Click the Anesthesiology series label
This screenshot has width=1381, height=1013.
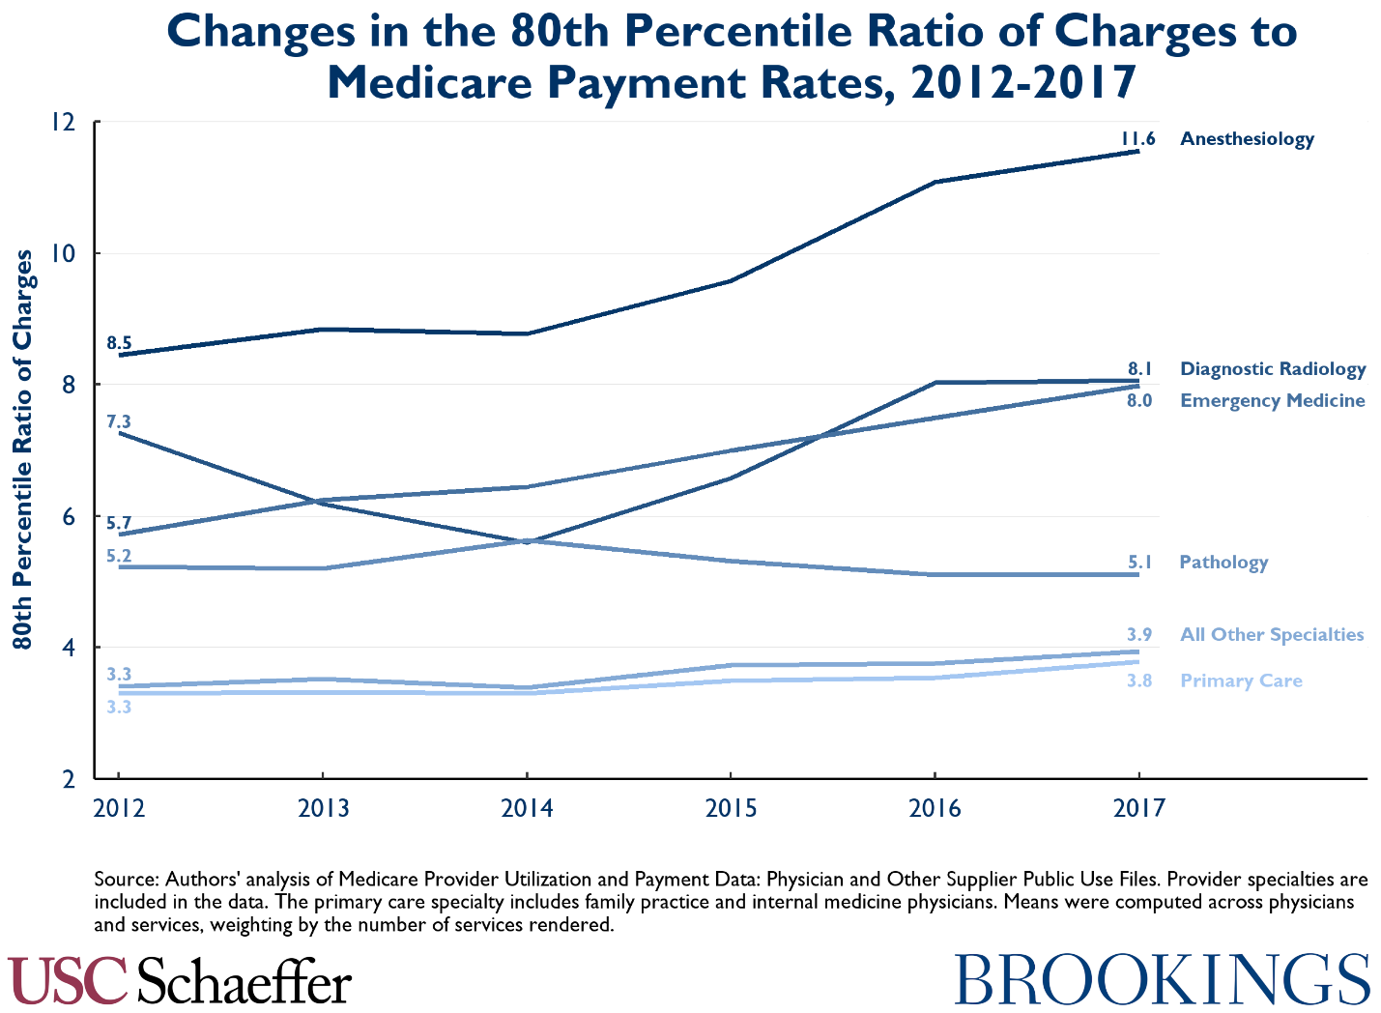1247,139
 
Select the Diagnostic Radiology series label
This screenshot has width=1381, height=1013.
1273,369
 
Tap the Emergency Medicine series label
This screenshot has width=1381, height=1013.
1272,401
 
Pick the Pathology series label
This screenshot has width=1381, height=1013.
1223,563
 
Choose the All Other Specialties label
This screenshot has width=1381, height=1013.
1271,635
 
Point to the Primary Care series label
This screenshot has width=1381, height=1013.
1241,681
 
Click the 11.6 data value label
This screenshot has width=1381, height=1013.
1137,138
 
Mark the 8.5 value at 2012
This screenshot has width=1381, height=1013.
119,343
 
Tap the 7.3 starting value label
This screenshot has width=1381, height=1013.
119,421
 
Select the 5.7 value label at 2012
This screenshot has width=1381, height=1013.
119,524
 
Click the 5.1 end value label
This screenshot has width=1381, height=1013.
1139,562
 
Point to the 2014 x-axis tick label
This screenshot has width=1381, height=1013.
527,808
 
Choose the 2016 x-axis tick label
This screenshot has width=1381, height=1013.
935,808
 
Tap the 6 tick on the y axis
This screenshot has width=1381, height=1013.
70,516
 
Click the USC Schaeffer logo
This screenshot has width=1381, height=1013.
180,981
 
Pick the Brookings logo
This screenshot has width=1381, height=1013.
1163,980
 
